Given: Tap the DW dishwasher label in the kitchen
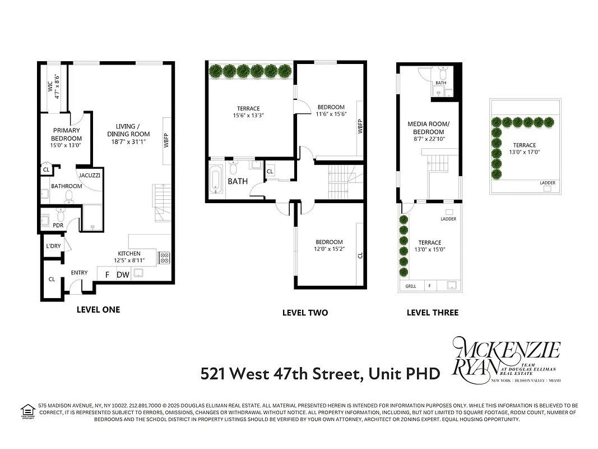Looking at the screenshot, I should point(123,274).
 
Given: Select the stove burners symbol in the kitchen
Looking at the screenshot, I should point(164,258).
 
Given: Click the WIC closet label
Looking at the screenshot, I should point(50,86).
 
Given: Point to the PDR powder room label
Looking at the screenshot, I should point(58,225).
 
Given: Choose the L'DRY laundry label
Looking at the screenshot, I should point(53,246).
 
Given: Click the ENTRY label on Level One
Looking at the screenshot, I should point(79,273).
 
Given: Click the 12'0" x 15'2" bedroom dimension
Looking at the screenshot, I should point(330,249).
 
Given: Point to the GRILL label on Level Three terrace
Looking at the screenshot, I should point(411,286).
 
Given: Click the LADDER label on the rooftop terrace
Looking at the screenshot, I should point(548,182).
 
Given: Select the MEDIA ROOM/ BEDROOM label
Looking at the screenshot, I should point(429,127).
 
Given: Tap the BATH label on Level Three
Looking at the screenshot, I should point(441,83).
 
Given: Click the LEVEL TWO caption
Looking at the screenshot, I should point(305,313).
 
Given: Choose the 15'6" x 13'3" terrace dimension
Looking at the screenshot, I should point(248,115).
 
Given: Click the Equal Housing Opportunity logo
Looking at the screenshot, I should point(27,411).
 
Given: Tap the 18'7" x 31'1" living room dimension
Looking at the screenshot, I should point(129,141).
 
